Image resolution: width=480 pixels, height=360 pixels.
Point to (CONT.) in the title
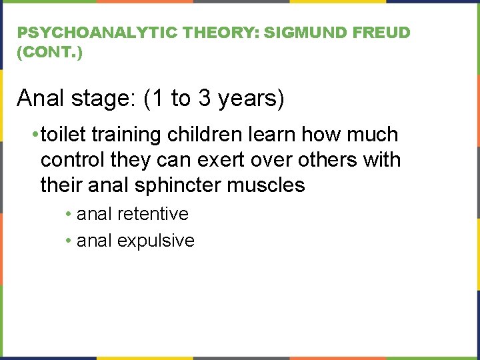50,53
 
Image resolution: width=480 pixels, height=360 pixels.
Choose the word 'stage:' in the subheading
104,99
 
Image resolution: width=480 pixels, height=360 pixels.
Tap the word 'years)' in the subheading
251,99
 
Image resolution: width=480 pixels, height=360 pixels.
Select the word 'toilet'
63,135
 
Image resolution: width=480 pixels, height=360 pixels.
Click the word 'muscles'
267,185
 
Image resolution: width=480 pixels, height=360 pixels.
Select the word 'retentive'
153,214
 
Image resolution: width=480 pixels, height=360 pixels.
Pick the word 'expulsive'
156,240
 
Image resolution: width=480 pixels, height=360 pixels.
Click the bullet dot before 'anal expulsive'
69,241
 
